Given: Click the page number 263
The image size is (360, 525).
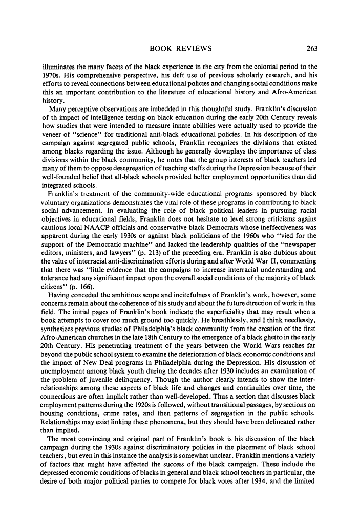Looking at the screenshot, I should point(312,49).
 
